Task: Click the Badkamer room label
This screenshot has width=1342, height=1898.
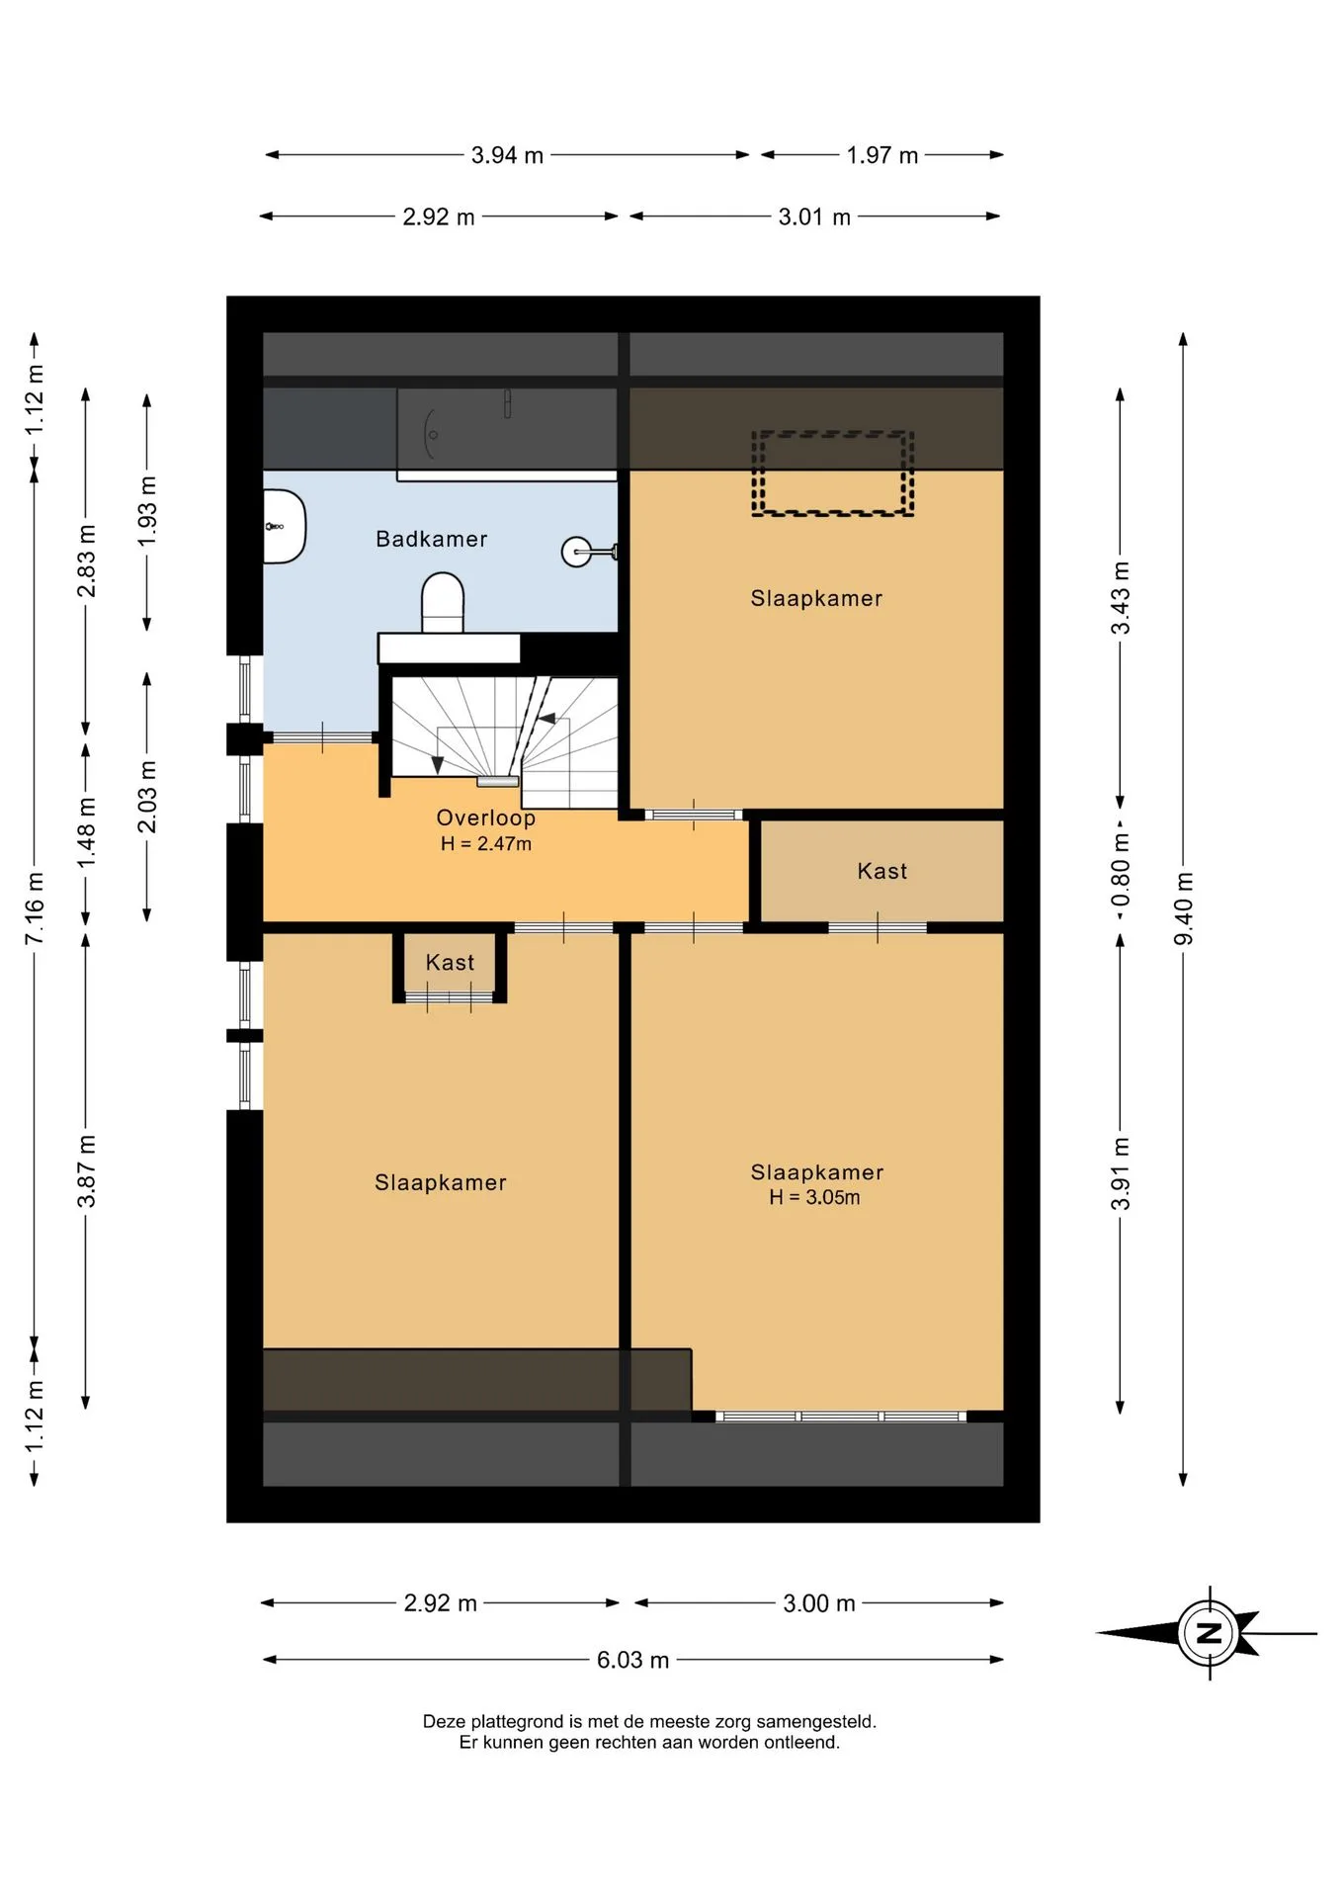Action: (x=432, y=539)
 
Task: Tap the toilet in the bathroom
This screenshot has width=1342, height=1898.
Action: (x=443, y=602)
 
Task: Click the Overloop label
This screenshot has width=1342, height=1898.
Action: (x=486, y=818)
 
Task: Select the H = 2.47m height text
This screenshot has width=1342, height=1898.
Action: (x=486, y=843)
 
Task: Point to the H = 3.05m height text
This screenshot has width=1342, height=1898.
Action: (x=814, y=1197)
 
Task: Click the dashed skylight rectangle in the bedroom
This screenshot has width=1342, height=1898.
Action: (x=832, y=434)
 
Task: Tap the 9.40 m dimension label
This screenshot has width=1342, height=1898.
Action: (x=1183, y=908)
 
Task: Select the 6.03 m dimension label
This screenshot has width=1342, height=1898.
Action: (x=632, y=1660)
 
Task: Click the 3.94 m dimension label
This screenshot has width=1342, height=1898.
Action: (x=507, y=155)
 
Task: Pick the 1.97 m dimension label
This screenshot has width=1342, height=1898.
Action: (x=882, y=155)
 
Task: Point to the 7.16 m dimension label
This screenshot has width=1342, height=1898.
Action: (x=35, y=908)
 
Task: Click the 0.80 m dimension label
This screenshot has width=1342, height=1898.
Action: (x=1120, y=869)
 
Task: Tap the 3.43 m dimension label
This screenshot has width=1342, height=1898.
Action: (x=1120, y=598)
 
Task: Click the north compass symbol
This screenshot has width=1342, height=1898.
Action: (x=1208, y=1632)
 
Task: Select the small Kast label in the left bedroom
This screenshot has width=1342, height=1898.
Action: (x=450, y=963)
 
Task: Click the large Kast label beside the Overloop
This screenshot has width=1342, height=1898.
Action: (x=881, y=871)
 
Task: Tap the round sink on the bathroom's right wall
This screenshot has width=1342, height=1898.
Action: (x=577, y=552)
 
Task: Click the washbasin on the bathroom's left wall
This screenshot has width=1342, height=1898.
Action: (x=285, y=526)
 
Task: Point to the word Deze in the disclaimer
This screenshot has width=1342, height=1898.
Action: (x=443, y=1721)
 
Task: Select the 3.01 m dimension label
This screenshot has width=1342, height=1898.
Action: (x=814, y=216)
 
